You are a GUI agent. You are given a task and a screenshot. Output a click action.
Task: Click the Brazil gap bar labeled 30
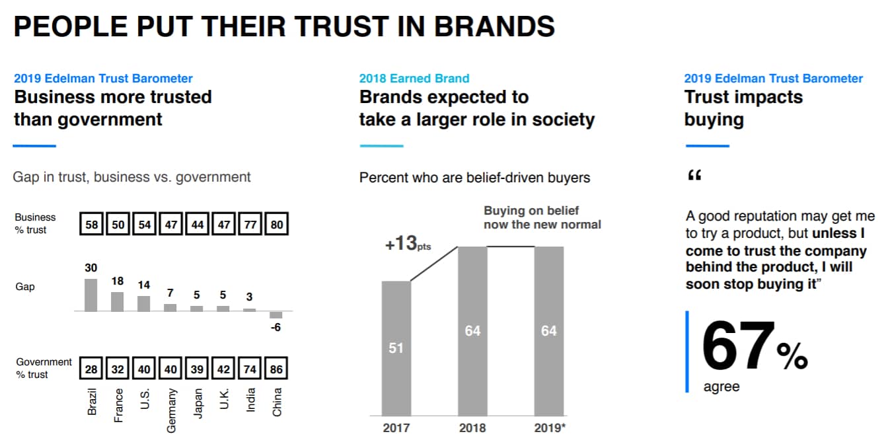pyautogui.click(x=91, y=295)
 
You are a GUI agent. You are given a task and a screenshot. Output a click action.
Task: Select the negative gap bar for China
pyautogui.click(x=276, y=315)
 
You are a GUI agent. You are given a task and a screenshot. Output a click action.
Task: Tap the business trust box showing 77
pyautogui.click(x=250, y=224)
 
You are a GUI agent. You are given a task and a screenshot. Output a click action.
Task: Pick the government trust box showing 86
pyautogui.click(x=277, y=369)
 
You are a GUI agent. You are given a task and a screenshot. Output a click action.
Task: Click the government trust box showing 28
pyautogui.click(x=91, y=369)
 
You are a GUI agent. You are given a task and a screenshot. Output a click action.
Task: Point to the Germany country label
pyautogui.click(x=171, y=410)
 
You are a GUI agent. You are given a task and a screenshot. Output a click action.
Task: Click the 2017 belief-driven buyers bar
pyautogui.click(x=396, y=348)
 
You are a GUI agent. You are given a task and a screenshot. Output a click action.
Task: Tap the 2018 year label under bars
pyautogui.click(x=472, y=427)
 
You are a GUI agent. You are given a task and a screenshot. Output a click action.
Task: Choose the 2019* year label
pyautogui.click(x=550, y=427)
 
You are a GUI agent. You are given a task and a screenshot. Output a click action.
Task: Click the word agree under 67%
pyautogui.click(x=721, y=387)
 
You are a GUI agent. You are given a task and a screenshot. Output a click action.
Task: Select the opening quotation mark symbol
pyautogui.click(x=694, y=176)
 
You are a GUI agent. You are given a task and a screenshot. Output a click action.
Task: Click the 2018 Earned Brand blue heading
pyautogui.click(x=414, y=79)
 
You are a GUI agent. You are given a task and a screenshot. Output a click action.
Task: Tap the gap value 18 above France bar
pyautogui.click(x=118, y=281)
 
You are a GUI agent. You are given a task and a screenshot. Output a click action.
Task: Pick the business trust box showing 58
pyautogui.click(x=91, y=224)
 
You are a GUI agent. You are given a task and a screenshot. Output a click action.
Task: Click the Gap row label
pyautogui.click(x=24, y=287)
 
